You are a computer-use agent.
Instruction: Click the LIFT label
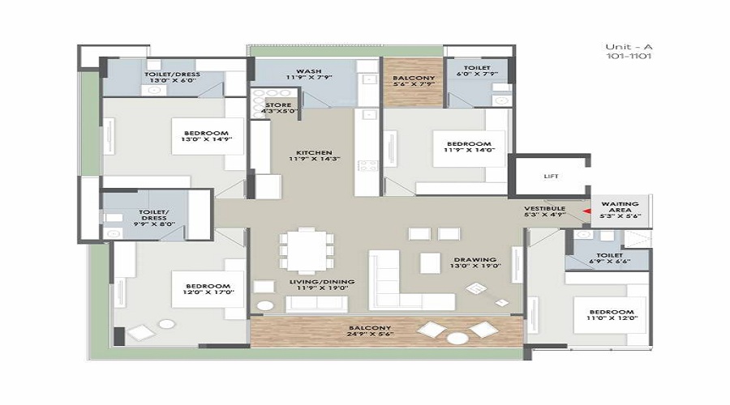click(x=550, y=175)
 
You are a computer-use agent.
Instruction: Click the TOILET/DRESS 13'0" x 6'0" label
click(x=173, y=78)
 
